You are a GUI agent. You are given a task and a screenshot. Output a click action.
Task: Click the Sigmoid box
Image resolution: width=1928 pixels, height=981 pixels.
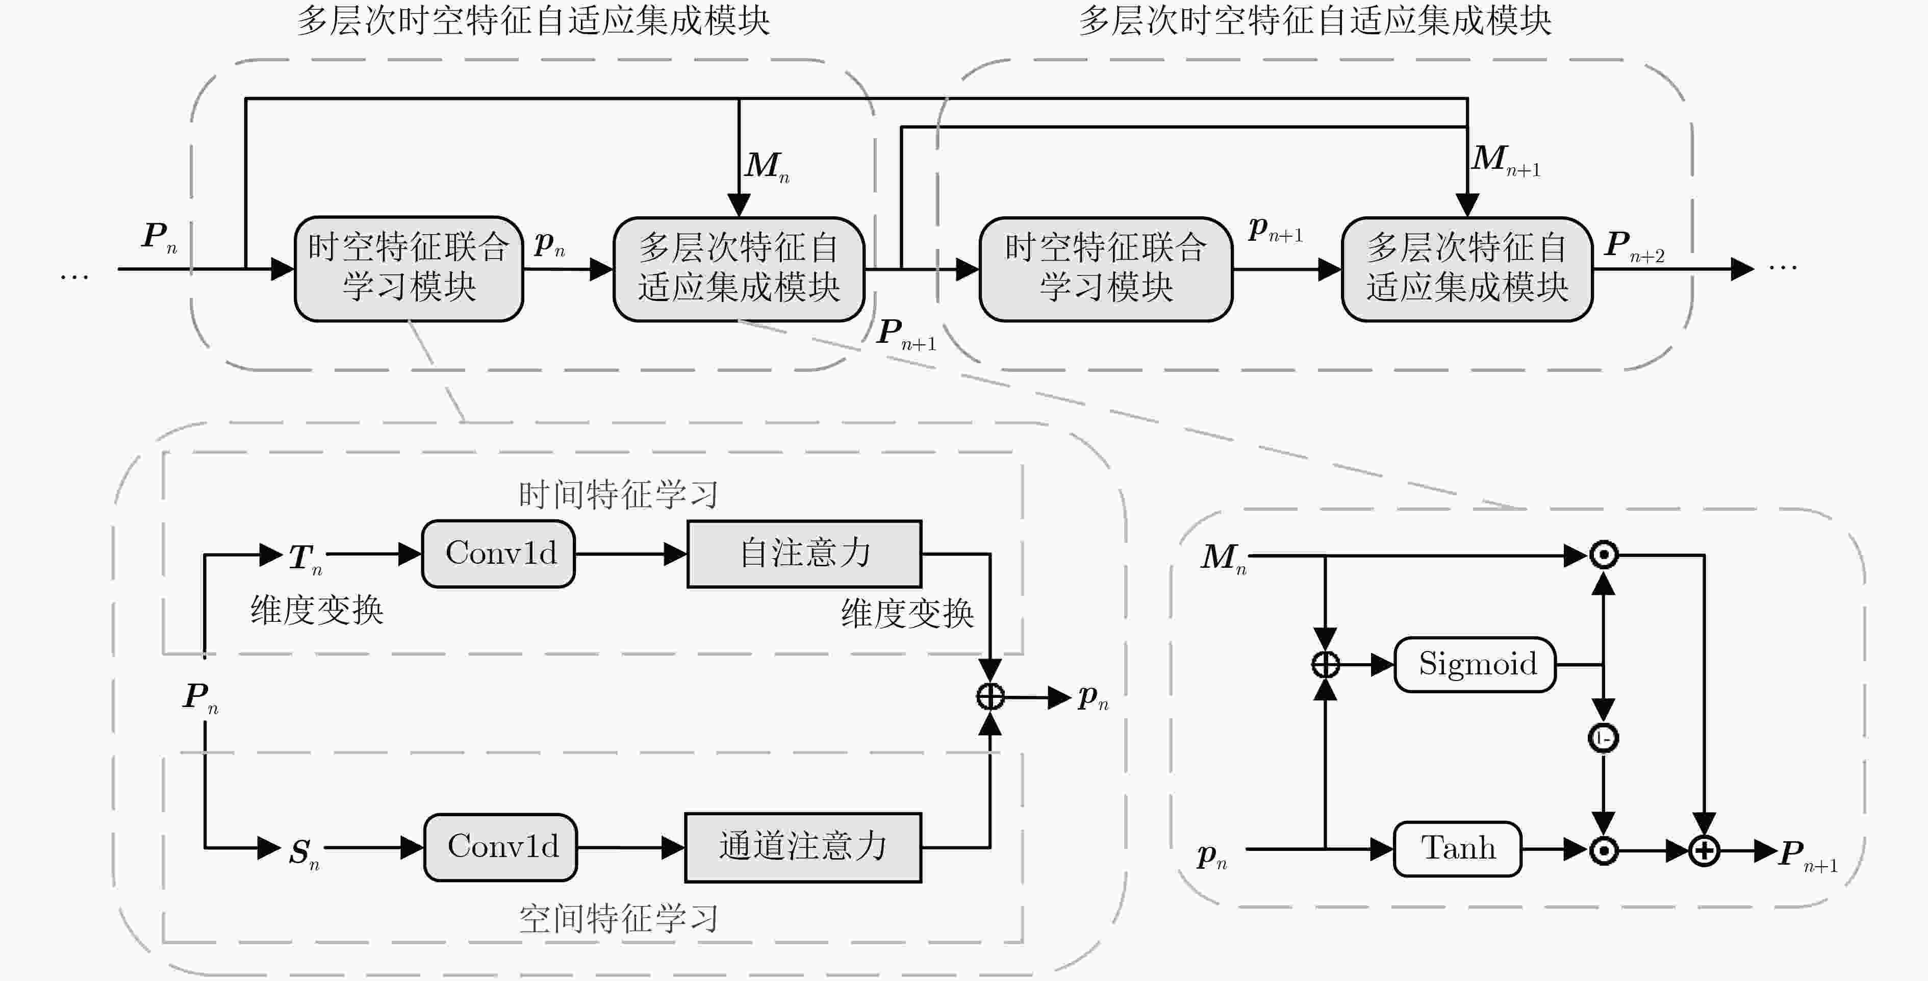(1475, 664)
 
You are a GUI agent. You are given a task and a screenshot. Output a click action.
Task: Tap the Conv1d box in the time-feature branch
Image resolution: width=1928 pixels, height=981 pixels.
(498, 554)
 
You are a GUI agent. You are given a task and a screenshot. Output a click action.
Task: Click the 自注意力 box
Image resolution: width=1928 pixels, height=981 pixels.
(804, 554)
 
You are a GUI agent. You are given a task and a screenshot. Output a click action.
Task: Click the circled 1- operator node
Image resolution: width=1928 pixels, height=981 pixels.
(1603, 738)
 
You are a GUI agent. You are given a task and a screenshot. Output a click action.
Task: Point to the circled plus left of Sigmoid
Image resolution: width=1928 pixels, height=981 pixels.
(1326, 664)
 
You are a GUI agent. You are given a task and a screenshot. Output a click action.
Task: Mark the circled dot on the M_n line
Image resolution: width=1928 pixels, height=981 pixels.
(1603, 555)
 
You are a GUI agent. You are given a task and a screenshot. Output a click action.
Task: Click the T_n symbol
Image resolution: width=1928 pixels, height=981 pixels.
(306, 559)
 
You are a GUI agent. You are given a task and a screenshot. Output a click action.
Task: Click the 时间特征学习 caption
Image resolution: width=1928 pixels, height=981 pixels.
(618, 495)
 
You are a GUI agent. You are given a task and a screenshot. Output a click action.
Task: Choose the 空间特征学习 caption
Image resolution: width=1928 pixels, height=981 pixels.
(618, 919)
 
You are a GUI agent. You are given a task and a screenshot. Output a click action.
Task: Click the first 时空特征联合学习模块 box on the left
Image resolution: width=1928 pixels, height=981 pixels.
(409, 269)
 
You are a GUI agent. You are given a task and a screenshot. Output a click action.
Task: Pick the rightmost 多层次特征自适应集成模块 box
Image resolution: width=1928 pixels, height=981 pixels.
(1467, 269)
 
